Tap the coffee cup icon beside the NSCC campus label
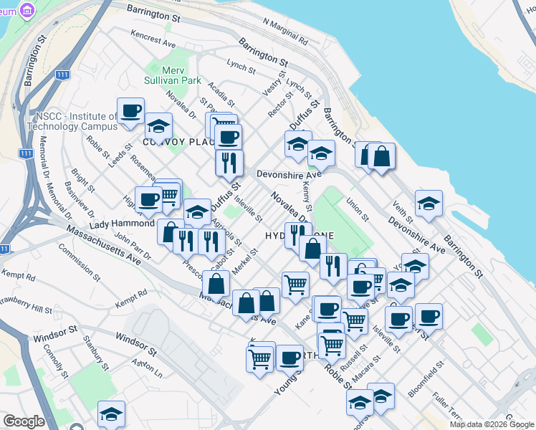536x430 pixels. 131,111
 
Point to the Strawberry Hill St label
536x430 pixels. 27,310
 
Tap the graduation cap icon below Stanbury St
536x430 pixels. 111,414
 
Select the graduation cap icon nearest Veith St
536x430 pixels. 429,204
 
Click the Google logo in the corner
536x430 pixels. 24,421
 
